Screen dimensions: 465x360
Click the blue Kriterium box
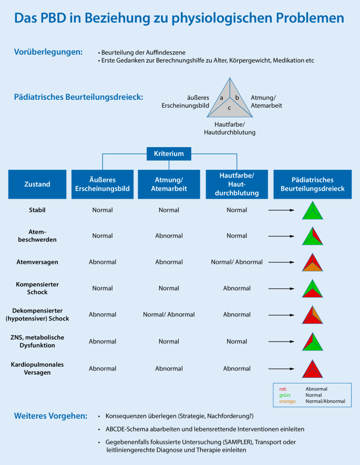point(169,154)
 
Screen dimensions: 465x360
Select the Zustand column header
point(37,184)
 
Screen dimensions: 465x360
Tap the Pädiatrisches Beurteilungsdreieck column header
point(312,184)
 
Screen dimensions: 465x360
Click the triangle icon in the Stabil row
point(312,211)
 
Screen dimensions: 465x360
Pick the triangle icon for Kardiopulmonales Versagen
point(312,368)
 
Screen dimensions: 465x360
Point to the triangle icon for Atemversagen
point(312,263)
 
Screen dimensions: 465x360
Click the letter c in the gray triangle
point(229,107)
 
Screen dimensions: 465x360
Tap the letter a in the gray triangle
point(222,98)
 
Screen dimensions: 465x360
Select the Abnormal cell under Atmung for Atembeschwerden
point(169,236)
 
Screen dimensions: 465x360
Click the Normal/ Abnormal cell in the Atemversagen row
point(236,262)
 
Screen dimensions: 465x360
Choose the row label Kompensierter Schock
point(37,288)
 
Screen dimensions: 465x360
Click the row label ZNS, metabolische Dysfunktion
point(37,341)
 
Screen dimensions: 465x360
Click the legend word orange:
point(287,401)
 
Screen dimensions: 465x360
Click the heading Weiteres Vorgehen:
point(50,416)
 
